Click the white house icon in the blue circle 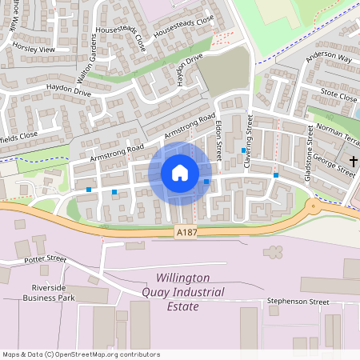(x=180, y=173)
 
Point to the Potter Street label (x=45, y=258)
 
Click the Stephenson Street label (x=298, y=302)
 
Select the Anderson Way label (x=328, y=58)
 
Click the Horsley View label (x=34, y=49)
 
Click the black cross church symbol (x=353, y=162)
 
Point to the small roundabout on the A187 (x=313, y=206)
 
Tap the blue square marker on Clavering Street (x=243, y=150)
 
